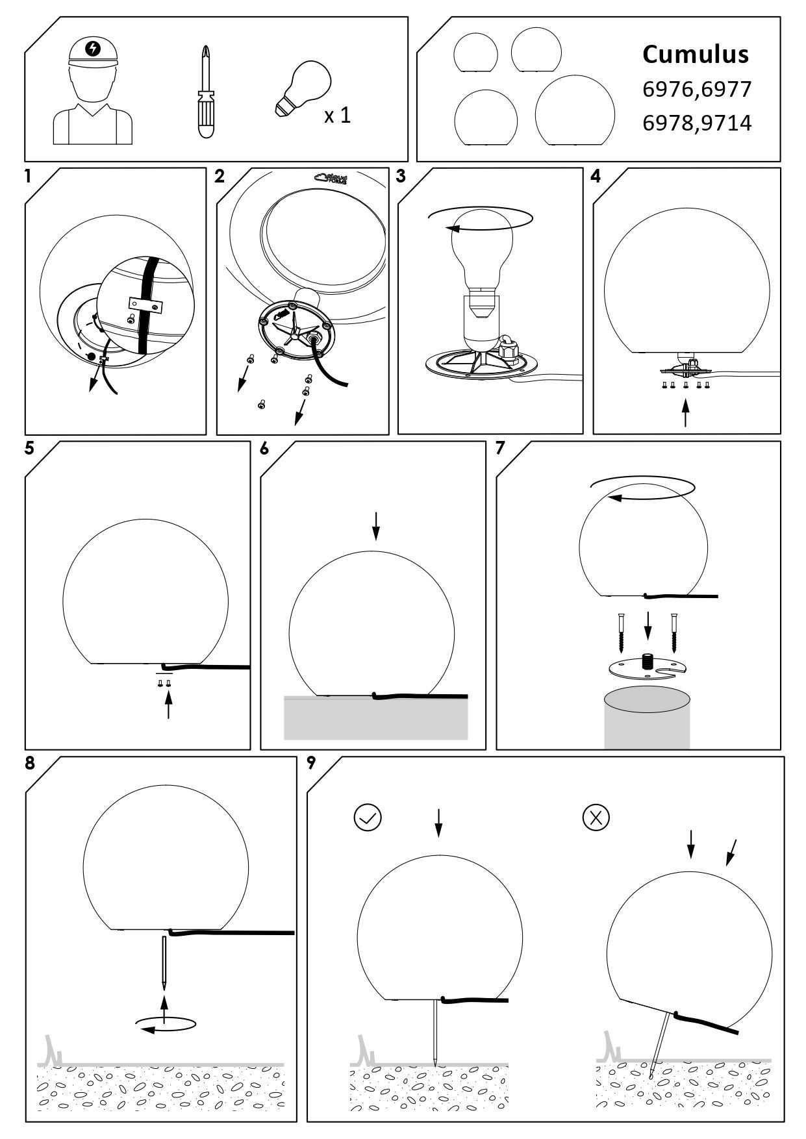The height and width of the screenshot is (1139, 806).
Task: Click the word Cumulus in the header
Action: click(x=696, y=55)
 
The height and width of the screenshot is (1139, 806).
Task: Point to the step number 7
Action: click(x=500, y=449)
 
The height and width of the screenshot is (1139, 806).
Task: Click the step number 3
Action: click(x=401, y=176)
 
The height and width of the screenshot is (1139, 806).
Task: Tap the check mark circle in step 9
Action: click(x=368, y=818)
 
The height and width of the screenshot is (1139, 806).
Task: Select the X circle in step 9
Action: click(x=596, y=818)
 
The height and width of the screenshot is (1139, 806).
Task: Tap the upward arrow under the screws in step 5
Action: click(x=168, y=705)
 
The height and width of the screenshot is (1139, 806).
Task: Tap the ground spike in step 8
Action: click(x=165, y=962)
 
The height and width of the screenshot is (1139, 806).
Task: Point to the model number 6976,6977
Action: click(x=697, y=89)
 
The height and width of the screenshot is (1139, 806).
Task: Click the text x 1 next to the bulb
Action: click(x=338, y=116)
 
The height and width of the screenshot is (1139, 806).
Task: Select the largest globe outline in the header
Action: click(x=575, y=110)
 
